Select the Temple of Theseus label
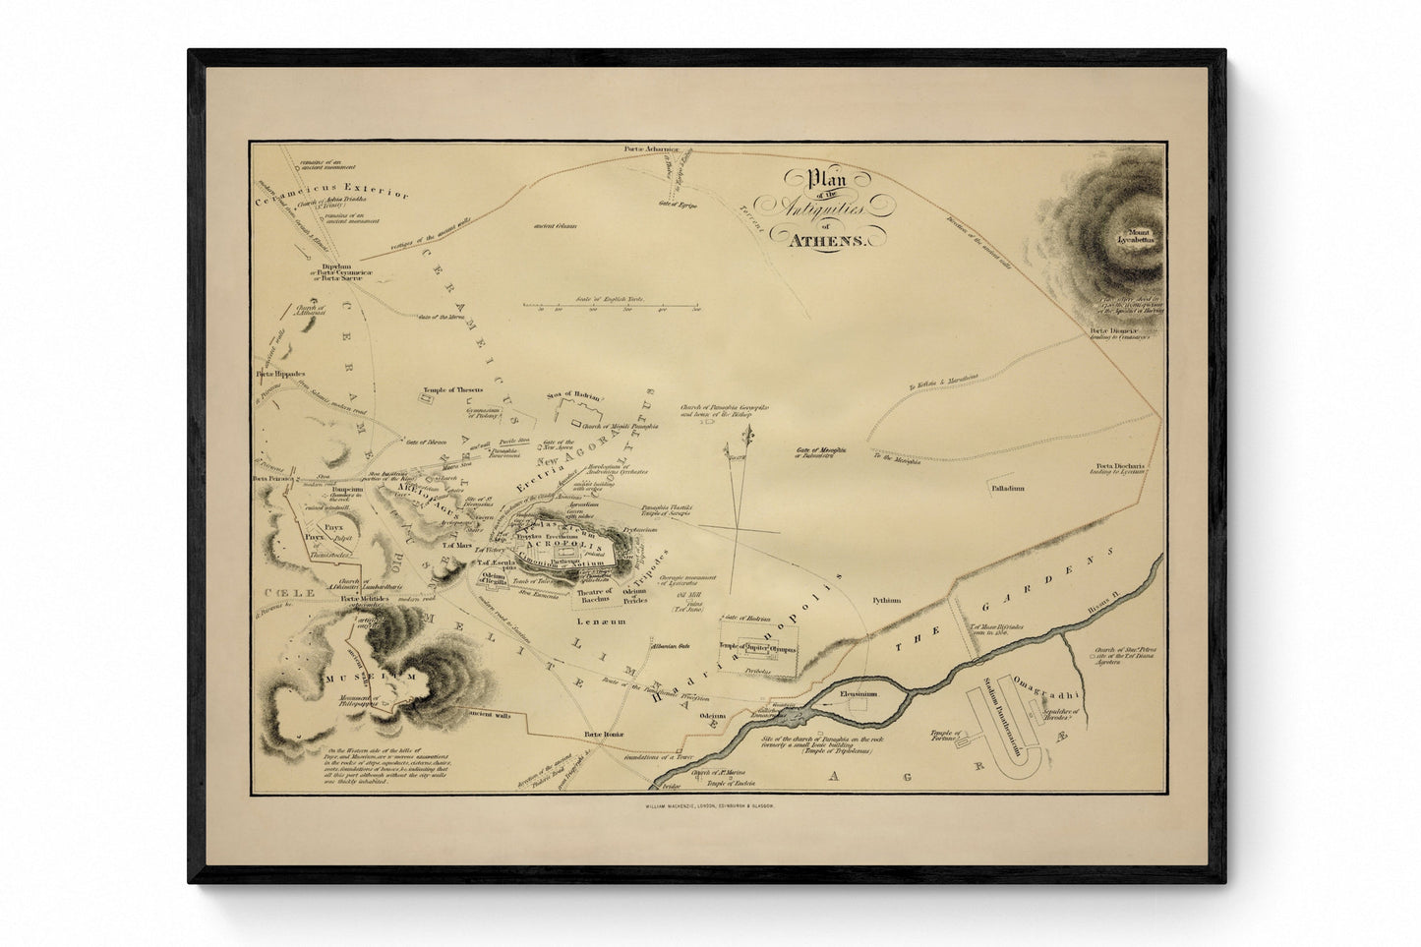(453, 390)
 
